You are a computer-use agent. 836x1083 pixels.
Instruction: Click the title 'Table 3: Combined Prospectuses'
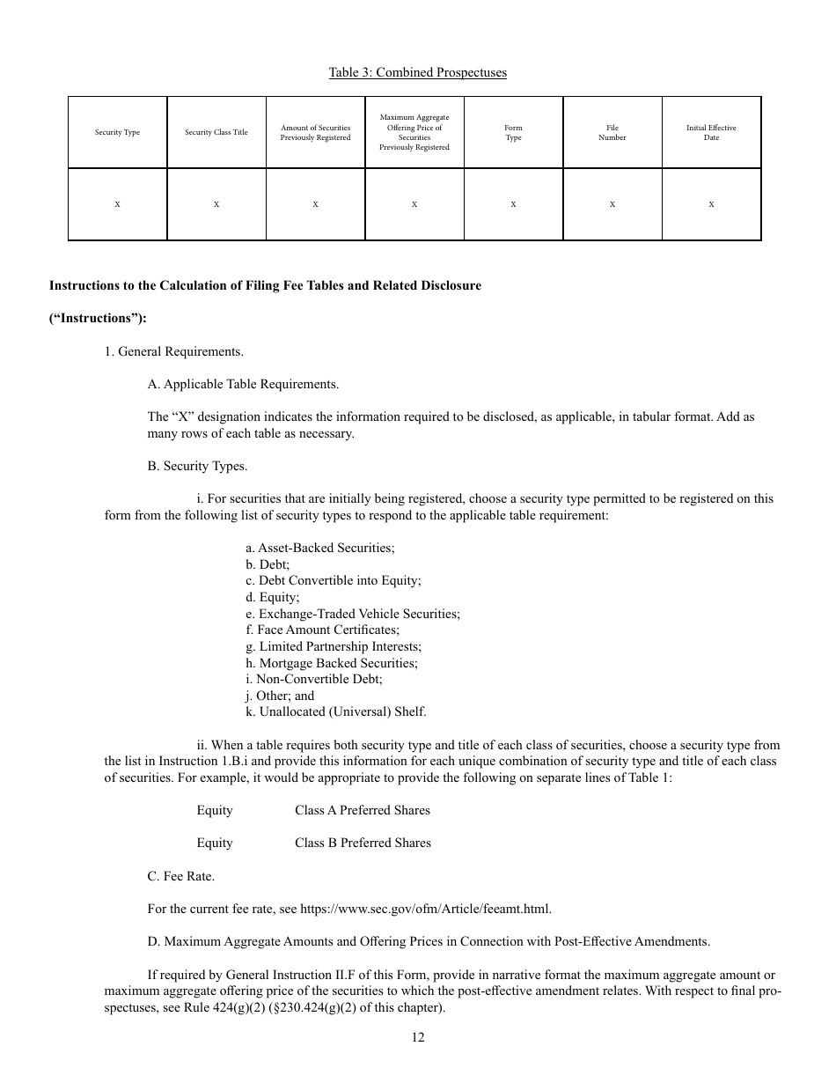(x=417, y=72)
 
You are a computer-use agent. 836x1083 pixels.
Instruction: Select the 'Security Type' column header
(x=117, y=133)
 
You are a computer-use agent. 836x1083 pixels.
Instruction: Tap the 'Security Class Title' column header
(x=216, y=133)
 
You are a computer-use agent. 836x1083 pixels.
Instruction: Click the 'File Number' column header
(x=612, y=133)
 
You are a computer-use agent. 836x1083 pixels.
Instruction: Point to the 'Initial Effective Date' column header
(x=711, y=133)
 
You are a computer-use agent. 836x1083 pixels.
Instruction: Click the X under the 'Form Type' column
(x=513, y=204)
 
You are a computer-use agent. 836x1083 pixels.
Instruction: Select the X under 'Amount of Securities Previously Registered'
(x=315, y=204)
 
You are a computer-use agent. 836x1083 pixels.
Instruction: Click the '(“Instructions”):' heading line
(x=98, y=319)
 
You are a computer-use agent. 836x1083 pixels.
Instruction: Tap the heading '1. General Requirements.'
(x=173, y=351)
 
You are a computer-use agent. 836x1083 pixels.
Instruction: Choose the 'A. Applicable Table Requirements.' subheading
(x=243, y=384)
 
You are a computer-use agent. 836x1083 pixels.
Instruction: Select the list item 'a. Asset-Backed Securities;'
(x=320, y=548)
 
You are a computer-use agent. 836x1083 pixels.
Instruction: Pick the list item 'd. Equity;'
(x=272, y=597)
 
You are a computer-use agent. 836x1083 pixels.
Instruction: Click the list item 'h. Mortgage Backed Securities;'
(x=332, y=663)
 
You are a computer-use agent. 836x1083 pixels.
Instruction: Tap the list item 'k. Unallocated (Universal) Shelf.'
(x=335, y=712)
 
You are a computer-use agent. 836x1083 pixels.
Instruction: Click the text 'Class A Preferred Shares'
(x=363, y=810)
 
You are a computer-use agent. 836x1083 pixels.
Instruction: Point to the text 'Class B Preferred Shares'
(x=363, y=843)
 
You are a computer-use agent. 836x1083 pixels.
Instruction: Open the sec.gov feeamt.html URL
(x=426, y=909)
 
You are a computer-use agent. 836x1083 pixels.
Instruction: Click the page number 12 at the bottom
(x=417, y=1037)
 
